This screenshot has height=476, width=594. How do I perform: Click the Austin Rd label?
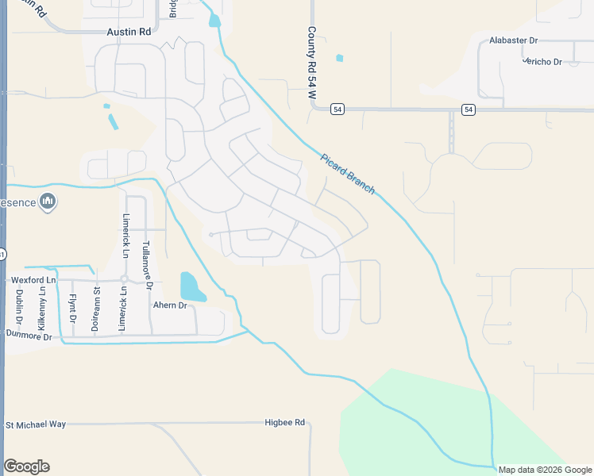point(129,33)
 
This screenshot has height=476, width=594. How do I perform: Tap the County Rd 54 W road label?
point(312,63)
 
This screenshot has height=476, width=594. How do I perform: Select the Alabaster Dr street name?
point(514,40)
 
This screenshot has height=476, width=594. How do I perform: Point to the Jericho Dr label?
point(542,62)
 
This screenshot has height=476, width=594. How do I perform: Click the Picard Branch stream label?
point(348,173)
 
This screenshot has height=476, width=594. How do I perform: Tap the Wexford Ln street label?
point(33,281)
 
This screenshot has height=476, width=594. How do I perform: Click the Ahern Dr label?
point(169,305)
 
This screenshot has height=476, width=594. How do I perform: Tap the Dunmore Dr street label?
point(29,336)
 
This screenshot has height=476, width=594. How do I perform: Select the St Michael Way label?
point(36,424)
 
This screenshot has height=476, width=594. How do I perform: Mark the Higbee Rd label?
point(285,423)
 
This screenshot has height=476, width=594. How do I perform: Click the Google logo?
point(26,466)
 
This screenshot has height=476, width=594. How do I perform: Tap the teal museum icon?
point(48,202)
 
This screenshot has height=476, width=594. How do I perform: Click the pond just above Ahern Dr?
point(190,286)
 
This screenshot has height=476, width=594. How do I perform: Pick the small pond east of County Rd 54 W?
point(340,58)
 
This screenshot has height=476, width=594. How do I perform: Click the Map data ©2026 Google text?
point(545,470)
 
